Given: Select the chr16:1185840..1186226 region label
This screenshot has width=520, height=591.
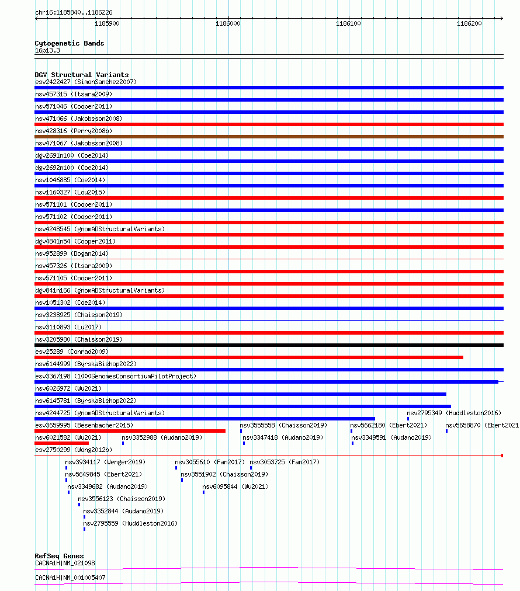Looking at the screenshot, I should tap(74, 12).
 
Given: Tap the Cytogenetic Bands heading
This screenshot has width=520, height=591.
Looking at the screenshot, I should tap(69, 43).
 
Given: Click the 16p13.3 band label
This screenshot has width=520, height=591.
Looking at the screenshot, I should tap(47, 51).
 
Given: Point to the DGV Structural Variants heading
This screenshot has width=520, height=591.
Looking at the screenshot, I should tap(81, 75).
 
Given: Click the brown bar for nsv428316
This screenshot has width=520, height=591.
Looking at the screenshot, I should tap(269, 137).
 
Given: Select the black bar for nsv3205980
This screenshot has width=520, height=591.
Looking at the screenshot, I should tap(269, 345).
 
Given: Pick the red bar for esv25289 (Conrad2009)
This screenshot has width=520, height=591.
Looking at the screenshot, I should tap(248, 357).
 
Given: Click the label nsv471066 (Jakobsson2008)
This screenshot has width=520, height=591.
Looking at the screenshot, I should tap(79, 119).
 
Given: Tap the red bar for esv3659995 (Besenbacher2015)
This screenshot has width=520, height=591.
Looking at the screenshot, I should tap(130, 431).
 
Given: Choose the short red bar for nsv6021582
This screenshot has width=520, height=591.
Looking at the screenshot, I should tap(61, 443).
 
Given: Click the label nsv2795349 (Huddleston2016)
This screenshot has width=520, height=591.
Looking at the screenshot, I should tap(453, 413).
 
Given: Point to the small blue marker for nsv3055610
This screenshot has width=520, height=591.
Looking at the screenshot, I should tap(176, 468).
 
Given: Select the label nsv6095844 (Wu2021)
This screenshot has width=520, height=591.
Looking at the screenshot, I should tap(235, 486).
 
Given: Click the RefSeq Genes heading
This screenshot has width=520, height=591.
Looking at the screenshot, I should tap(59, 556).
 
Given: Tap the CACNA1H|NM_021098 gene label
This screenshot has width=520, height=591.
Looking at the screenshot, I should tap(65, 563).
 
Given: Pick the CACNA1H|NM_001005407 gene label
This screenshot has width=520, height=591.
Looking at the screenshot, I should tap(70, 578).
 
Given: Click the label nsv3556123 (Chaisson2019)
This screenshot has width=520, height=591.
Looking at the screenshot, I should tap(122, 499).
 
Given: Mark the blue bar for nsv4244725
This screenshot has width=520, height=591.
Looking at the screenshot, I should tap(204, 419).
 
